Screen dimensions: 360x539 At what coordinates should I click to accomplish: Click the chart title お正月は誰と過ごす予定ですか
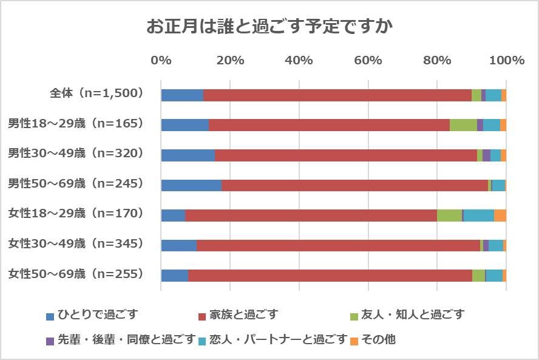coord(269,27)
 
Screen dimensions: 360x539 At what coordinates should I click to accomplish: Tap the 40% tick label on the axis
coord(299,61)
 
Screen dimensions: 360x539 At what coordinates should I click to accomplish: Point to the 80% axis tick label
coord(437,61)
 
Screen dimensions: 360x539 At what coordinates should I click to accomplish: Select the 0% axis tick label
coord(161,61)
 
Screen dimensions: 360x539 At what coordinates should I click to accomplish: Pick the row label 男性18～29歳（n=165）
coord(75,124)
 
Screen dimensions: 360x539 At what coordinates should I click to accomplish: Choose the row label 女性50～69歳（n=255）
coord(75,274)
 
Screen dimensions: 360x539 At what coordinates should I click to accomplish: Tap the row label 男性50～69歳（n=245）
coord(75,183)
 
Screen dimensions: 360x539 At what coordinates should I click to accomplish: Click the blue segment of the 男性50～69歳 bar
coord(191,185)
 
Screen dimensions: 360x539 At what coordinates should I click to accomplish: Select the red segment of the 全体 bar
coord(337,95)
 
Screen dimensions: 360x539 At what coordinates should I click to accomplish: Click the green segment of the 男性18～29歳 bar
coord(463,125)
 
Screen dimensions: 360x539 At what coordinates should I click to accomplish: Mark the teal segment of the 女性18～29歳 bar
coord(479,216)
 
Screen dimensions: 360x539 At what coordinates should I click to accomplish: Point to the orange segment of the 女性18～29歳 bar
coord(500,216)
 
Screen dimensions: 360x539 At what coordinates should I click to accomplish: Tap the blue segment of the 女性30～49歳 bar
coord(179,245)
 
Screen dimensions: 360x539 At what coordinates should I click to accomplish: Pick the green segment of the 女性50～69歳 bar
coord(478,275)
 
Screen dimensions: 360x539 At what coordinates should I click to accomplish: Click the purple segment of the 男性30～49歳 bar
coord(486,155)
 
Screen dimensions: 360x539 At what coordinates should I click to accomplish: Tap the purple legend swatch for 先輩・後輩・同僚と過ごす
coord(50,341)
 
